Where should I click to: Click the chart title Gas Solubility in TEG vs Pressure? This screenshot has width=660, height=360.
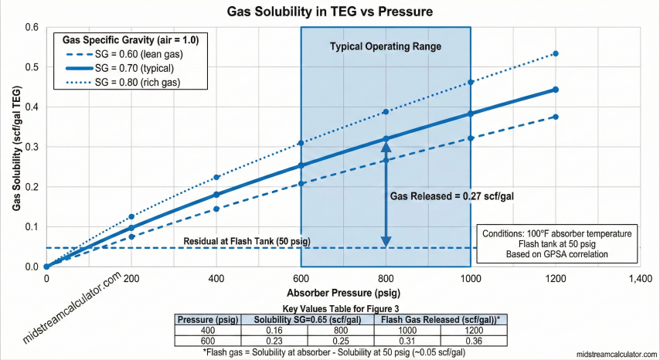329,12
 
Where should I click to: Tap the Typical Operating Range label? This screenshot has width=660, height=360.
385,46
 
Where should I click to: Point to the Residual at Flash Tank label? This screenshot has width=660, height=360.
247,242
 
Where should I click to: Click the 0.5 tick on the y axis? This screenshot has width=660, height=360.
32,67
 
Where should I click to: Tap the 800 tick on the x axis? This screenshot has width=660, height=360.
386,279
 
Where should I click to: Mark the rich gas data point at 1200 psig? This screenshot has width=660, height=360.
556,53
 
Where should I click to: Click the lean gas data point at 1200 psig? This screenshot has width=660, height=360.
556,117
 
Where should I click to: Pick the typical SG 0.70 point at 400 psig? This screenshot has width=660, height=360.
216,195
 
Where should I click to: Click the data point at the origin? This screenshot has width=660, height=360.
46,267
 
